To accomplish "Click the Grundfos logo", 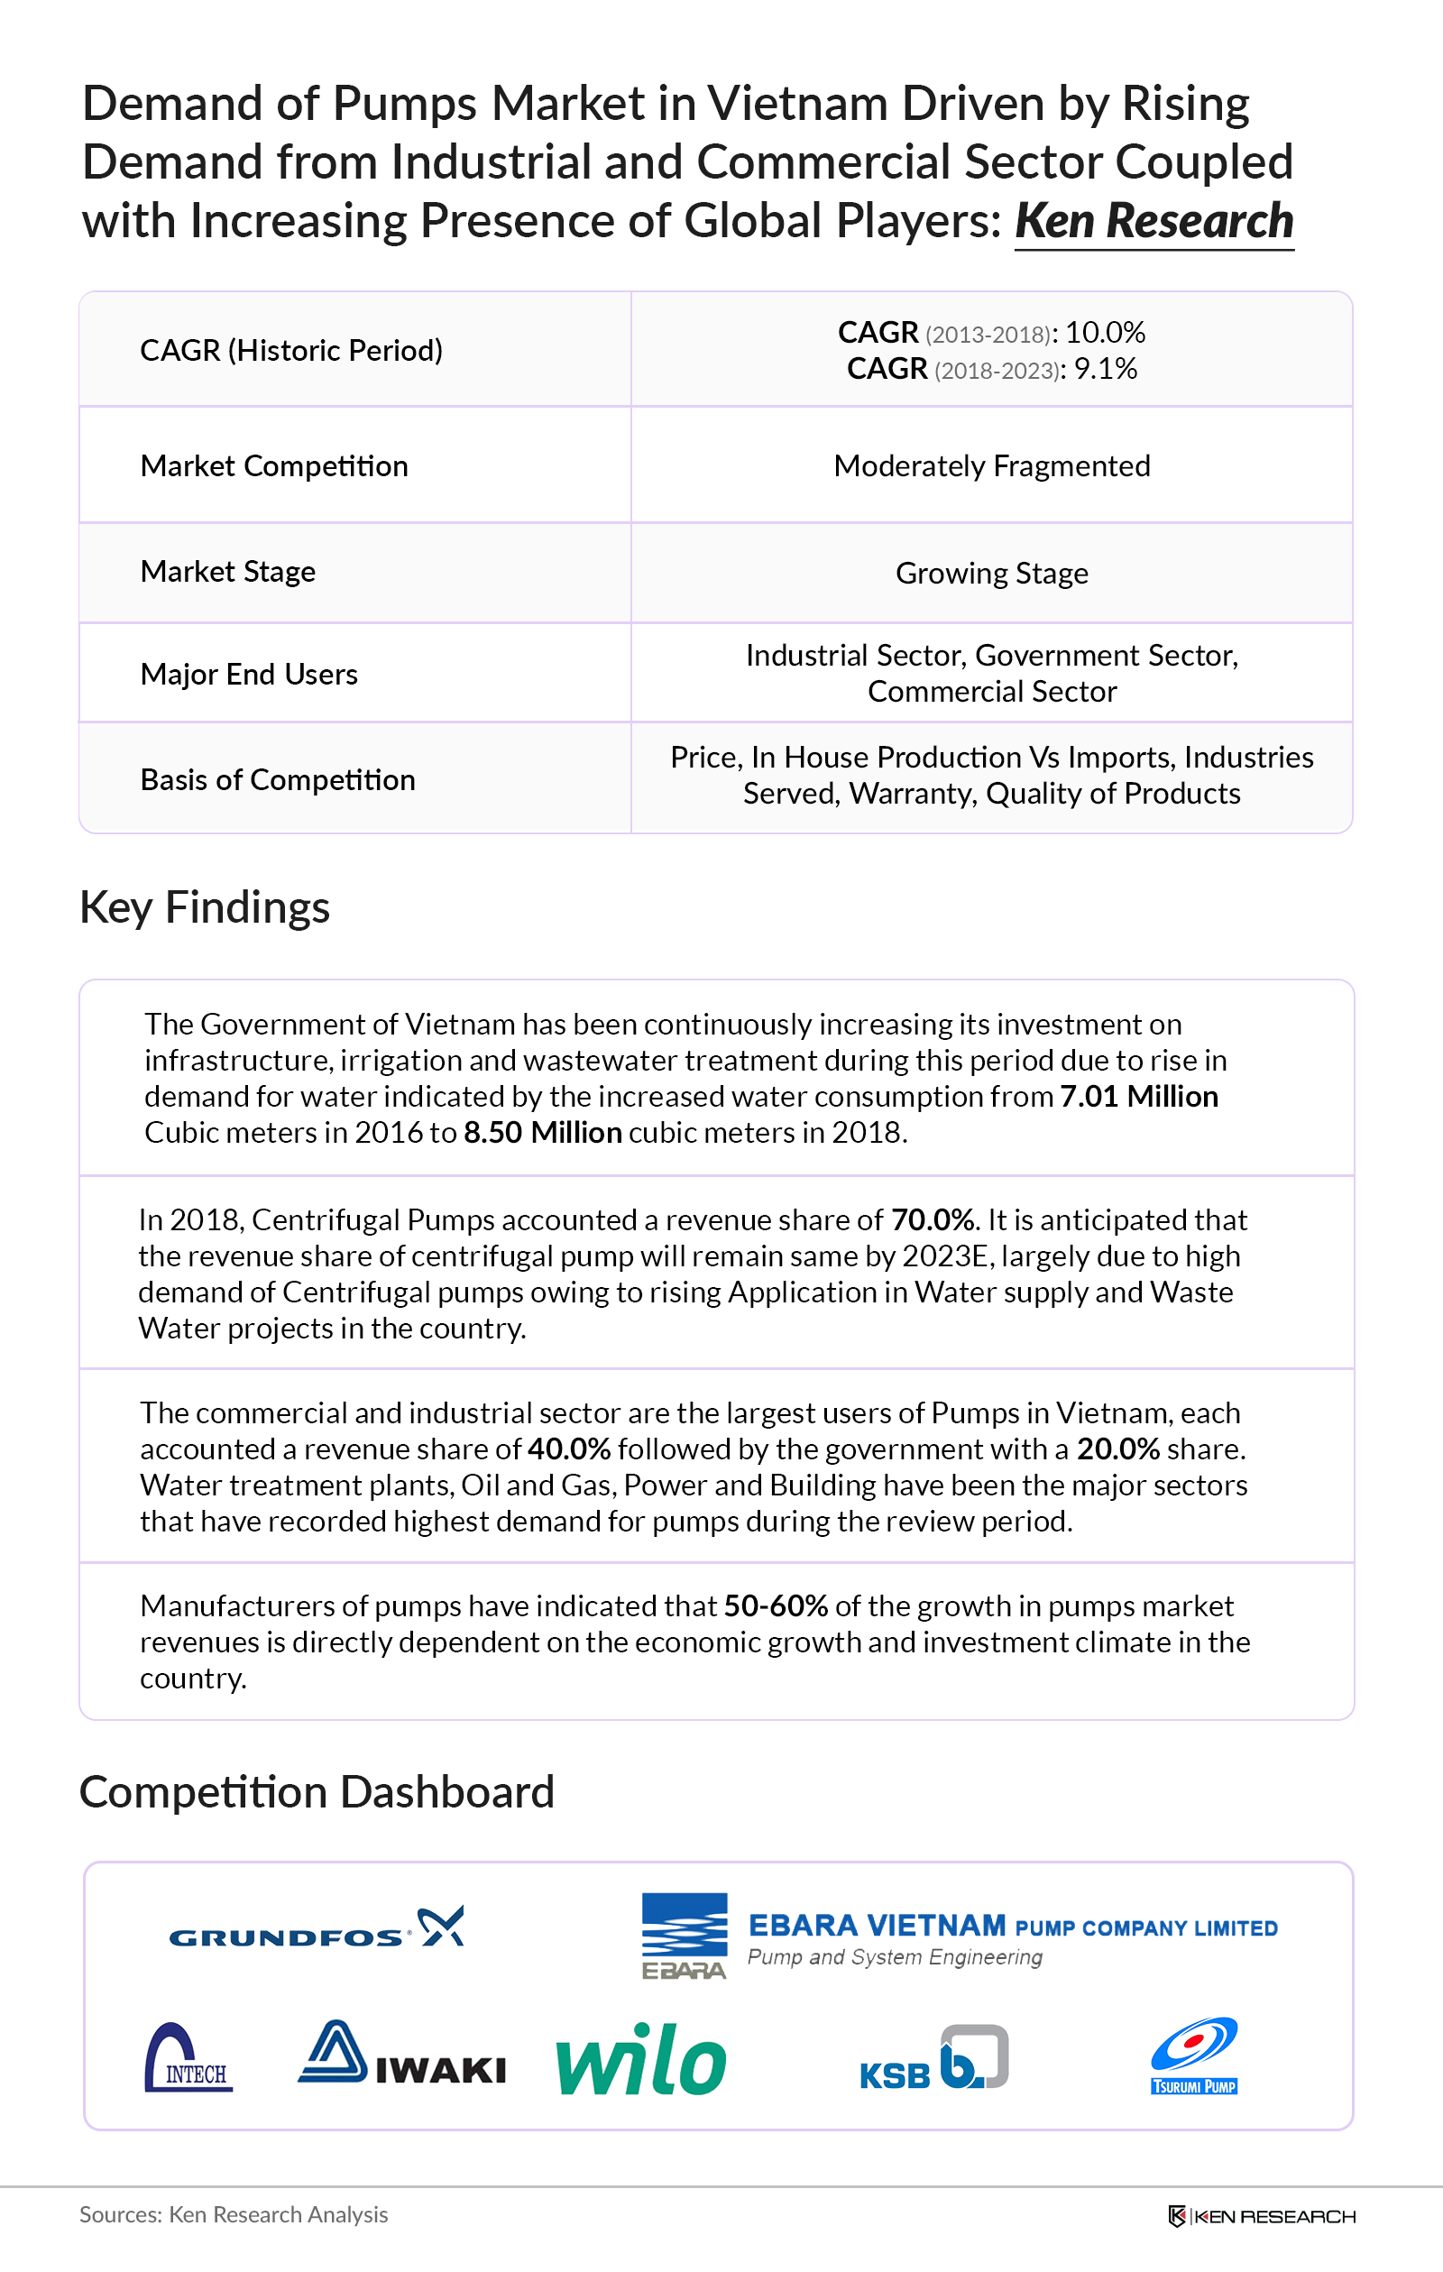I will [317, 1927].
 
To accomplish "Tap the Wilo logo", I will [641, 2061].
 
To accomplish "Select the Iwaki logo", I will [401, 2054].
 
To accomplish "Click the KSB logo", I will [933, 2060].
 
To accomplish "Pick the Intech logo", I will [188, 2059].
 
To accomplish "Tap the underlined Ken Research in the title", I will [1153, 222].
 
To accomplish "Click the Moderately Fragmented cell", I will [992, 466].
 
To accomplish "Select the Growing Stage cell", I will [992, 574].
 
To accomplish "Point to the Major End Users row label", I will [249, 675].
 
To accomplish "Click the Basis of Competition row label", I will [278, 780].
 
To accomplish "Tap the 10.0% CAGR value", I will [1105, 333].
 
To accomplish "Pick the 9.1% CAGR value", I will [1105, 369].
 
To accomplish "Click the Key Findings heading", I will [205, 907].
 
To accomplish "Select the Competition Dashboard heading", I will [317, 1793].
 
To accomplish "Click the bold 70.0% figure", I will [933, 1221].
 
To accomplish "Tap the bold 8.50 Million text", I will [543, 1133].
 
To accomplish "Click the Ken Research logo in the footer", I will [1261, 2216].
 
